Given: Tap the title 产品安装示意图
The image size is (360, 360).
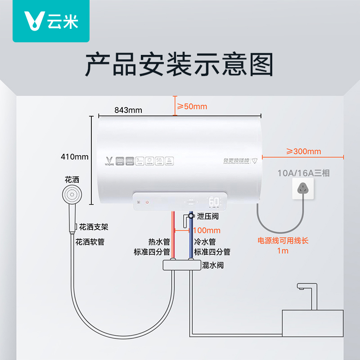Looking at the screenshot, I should [180, 64].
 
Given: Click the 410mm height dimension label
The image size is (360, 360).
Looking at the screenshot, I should [75, 157].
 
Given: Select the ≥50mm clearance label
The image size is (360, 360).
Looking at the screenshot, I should [191, 107].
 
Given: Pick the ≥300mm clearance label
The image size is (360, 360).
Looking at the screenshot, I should [304, 151].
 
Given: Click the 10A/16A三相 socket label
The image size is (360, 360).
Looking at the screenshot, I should [303, 173].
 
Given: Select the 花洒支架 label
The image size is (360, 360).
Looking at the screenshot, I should [94, 227].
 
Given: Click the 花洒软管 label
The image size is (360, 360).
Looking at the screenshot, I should [90, 242].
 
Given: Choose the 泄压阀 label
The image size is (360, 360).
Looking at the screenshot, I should [207, 216].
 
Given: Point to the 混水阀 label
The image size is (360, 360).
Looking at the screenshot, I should [213, 265].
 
